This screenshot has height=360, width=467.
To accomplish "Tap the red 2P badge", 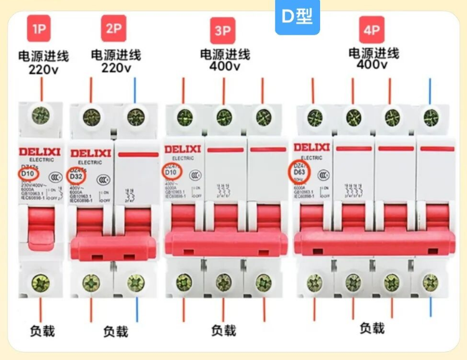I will (x=113, y=28).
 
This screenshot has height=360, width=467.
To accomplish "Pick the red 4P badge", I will (x=371, y=28).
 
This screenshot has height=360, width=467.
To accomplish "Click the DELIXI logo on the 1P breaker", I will (x=39, y=151).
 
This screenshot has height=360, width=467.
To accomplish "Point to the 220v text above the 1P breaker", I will (x=42, y=69).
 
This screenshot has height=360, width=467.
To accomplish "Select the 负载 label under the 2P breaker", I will (x=115, y=331).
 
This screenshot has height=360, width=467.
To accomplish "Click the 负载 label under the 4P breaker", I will (x=372, y=327).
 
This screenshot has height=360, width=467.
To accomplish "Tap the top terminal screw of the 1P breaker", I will (x=41, y=114).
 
